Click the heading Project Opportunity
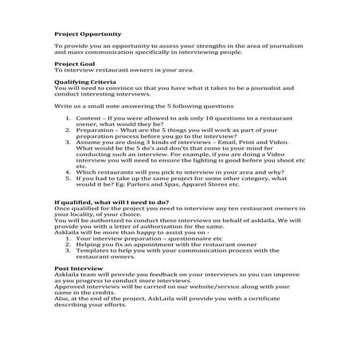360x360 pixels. [88, 34]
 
